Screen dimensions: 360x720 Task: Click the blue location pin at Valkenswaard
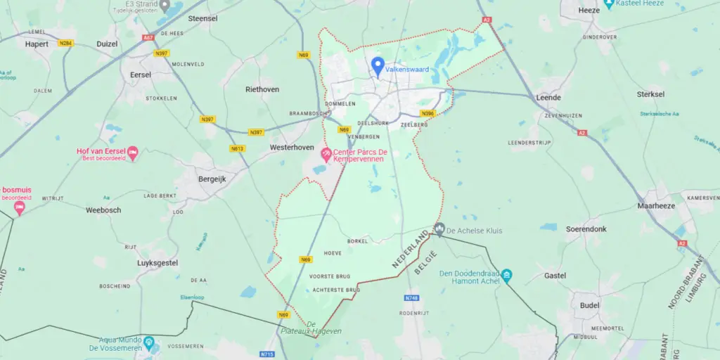[378, 67]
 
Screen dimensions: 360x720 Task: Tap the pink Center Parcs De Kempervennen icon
[326, 153]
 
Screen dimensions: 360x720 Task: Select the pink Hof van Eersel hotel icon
[132, 152]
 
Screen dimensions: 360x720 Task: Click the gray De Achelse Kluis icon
[439, 229]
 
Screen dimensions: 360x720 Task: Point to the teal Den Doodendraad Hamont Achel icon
[507, 276]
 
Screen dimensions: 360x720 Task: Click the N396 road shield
[427, 113]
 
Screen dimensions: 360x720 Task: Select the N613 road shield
[237, 148]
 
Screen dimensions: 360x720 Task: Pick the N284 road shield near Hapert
[66, 44]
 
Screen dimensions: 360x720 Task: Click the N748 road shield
[412, 297]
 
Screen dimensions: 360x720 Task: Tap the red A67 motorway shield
[148, 37]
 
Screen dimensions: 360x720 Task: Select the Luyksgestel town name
[157, 262]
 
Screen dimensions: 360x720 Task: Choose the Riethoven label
[262, 89]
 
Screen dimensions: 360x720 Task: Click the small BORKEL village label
[357, 241]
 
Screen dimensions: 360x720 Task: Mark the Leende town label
[548, 97]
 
